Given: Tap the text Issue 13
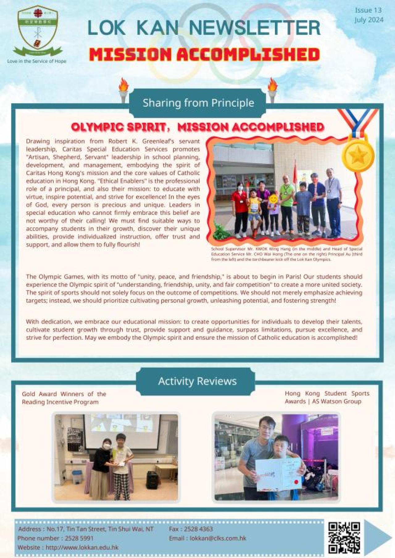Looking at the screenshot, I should pyautogui.click(x=368, y=10).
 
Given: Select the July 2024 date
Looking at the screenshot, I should pyautogui.click(x=369, y=20).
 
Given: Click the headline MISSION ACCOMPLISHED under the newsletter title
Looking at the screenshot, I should pyautogui.click(x=204, y=55).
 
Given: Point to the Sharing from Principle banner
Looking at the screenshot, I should pyautogui.click(x=198, y=103).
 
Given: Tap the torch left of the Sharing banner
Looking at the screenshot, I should pyautogui.click(x=123, y=90).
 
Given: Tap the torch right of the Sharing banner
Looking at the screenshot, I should pyautogui.click(x=272, y=90).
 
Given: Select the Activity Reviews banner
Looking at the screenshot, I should pyautogui.click(x=197, y=381).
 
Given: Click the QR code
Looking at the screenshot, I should pyautogui.click(x=344, y=537).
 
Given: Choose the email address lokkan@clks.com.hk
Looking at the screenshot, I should pyautogui.click(x=218, y=538).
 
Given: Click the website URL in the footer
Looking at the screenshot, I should pyautogui.click(x=82, y=547).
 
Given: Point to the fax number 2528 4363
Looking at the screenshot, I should pyautogui.click(x=198, y=529).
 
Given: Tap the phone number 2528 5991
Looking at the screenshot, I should pyautogui.click(x=79, y=538).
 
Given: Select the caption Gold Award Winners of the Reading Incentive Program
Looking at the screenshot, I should pyautogui.click(x=64, y=398).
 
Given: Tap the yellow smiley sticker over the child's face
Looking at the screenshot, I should pyautogui.click(x=273, y=199).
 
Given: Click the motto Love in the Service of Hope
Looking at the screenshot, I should pyautogui.click(x=37, y=61).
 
